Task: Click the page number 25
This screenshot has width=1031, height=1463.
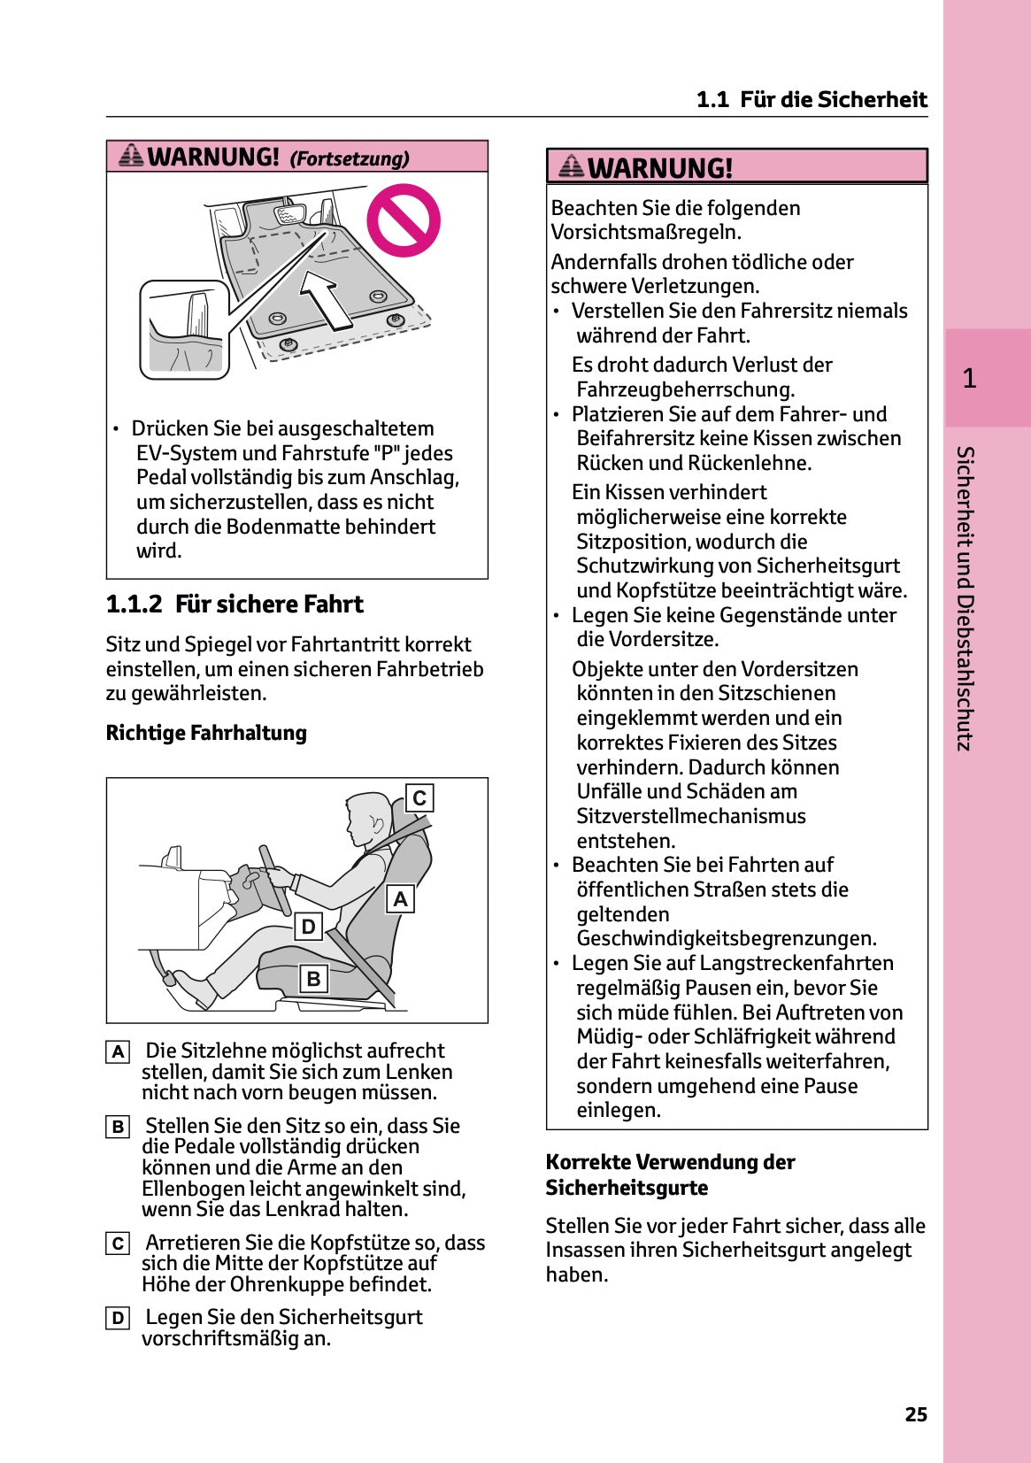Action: coord(916,1414)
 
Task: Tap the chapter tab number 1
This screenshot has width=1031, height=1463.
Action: coord(969,379)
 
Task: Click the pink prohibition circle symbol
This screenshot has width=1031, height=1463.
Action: coord(404,220)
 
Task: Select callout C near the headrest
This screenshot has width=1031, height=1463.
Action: coord(419,797)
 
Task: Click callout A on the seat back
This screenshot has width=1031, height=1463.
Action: coord(401,898)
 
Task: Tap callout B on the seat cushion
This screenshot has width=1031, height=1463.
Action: coord(313,979)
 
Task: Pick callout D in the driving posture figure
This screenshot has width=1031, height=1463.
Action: coord(308,927)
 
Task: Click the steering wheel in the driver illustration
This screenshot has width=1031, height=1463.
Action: coord(274,881)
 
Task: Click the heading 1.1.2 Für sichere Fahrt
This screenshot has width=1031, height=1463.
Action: coord(235,604)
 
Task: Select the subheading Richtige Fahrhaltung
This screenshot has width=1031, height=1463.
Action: coord(206,733)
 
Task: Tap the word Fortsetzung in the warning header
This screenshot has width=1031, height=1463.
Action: coord(350,159)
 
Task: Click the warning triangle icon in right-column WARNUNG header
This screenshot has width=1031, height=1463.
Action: coord(572,166)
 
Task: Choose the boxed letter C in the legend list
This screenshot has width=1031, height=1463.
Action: coord(118,1244)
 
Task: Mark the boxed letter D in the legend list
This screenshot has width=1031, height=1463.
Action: coord(118,1319)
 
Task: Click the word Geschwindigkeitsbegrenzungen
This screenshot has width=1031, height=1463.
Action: coord(726,938)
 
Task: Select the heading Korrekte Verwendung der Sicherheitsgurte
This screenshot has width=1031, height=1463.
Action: coord(670,1174)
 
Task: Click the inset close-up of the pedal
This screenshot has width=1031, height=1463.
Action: coord(185,329)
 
